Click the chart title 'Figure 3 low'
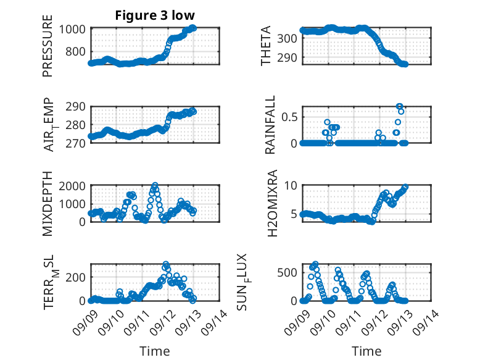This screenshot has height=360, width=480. [x=155, y=15]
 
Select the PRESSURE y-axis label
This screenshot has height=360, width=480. [x=48, y=46]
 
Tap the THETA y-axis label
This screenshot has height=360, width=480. [x=266, y=46]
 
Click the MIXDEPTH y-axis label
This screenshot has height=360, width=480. [x=48, y=204]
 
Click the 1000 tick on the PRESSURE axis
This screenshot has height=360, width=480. [x=75, y=28]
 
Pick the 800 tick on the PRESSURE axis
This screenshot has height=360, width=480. [x=78, y=51]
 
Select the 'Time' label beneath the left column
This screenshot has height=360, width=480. [x=155, y=351]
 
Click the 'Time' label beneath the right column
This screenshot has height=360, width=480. [x=366, y=351]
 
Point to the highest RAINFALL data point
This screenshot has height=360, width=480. [x=399, y=106]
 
